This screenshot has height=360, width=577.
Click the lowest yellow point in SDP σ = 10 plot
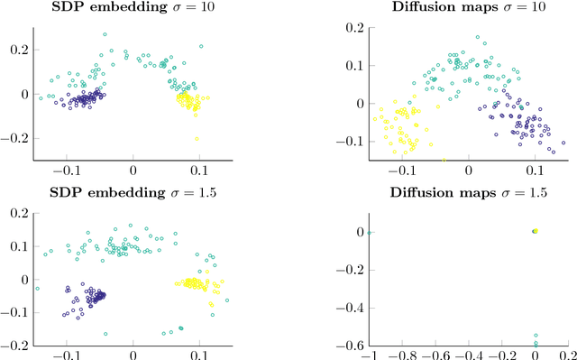pyautogui.click(x=197, y=138)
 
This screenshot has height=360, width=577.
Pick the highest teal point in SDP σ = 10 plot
pyautogui.click(x=105, y=35)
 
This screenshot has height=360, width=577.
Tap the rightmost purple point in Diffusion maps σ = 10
pyautogui.click(x=563, y=143)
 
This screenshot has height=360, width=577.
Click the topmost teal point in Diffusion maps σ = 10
pyautogui.click(x=478, y=38)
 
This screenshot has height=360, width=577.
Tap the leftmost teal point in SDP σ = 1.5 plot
pyautogui.click(x=37, y=289)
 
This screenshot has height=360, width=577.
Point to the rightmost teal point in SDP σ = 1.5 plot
pyautogui.click(x=182, y=332)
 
